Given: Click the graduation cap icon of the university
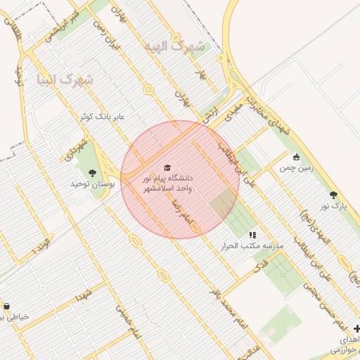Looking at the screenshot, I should click(x=167, y=167).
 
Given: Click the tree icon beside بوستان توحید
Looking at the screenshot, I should click(x=92, y=172).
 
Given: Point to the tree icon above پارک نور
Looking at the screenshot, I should click(x=333, y=195).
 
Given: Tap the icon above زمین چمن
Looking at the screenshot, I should click(x=297, y=157).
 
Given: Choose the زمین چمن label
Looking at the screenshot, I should click(x=296, y=168).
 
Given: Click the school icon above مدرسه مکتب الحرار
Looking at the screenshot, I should click(x=252, y=235).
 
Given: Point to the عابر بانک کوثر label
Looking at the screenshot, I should click(x=102, y=117).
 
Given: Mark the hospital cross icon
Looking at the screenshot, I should click(x=356, y=328).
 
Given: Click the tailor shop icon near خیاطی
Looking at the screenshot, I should click(x=6, y=306).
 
